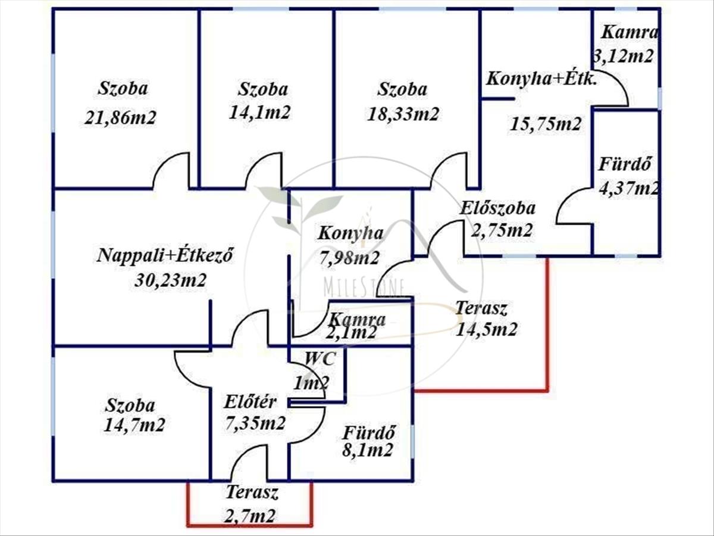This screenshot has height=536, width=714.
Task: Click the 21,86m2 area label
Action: [120, 117]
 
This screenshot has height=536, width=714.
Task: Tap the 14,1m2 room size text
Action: [259, 113]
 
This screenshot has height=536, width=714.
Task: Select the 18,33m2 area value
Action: [403, 114]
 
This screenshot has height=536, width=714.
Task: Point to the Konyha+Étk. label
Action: [541, 79]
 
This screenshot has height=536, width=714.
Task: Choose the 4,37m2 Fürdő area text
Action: [630, 188]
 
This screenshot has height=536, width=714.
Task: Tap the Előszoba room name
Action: [497, 208]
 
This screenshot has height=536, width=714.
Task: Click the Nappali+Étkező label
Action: [165, 255]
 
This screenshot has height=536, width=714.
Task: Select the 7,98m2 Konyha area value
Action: [349, 258]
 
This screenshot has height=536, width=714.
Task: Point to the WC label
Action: [320, 359]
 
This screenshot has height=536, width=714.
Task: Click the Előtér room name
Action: [250, 402]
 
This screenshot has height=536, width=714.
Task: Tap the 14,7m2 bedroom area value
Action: [134, 425]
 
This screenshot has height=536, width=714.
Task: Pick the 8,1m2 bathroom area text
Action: [368, 450]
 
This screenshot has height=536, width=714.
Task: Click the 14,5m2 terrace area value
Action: [486, 329]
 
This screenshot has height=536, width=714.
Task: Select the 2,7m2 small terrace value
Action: [250, 516]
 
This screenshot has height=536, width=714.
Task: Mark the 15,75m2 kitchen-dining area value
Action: [545, 124]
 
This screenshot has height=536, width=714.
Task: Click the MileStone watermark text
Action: [364, 287]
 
